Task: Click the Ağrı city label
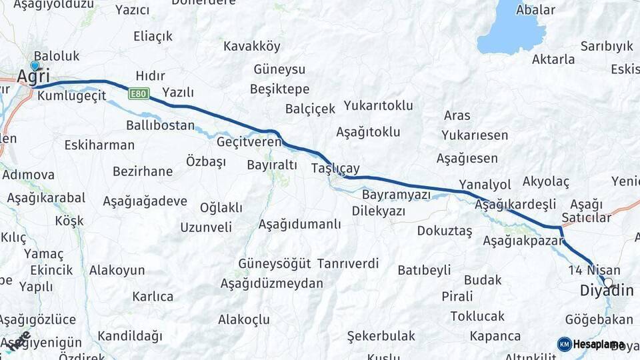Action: click(33, 77)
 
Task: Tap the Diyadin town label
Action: click(606, 291)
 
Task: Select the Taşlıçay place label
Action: click(335, 169)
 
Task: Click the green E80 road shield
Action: click(139, 93)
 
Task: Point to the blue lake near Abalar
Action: click(513, 29)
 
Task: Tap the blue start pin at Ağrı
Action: click(35, 65)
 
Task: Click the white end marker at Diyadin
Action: click(608, 282)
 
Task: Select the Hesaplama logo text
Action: click(598, 345)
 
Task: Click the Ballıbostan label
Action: click(160, 125)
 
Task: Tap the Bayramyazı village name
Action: click(397, 195)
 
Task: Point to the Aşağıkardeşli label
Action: click(515, 205)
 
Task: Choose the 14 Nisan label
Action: click(594, 271)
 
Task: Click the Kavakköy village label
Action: click(252, 47)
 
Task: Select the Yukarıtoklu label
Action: click(378, 105)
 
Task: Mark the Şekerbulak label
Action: click(381, 336)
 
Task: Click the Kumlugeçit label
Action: click(72, 96)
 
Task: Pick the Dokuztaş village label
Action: click(444, 231)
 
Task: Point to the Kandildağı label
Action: click(129, 336)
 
